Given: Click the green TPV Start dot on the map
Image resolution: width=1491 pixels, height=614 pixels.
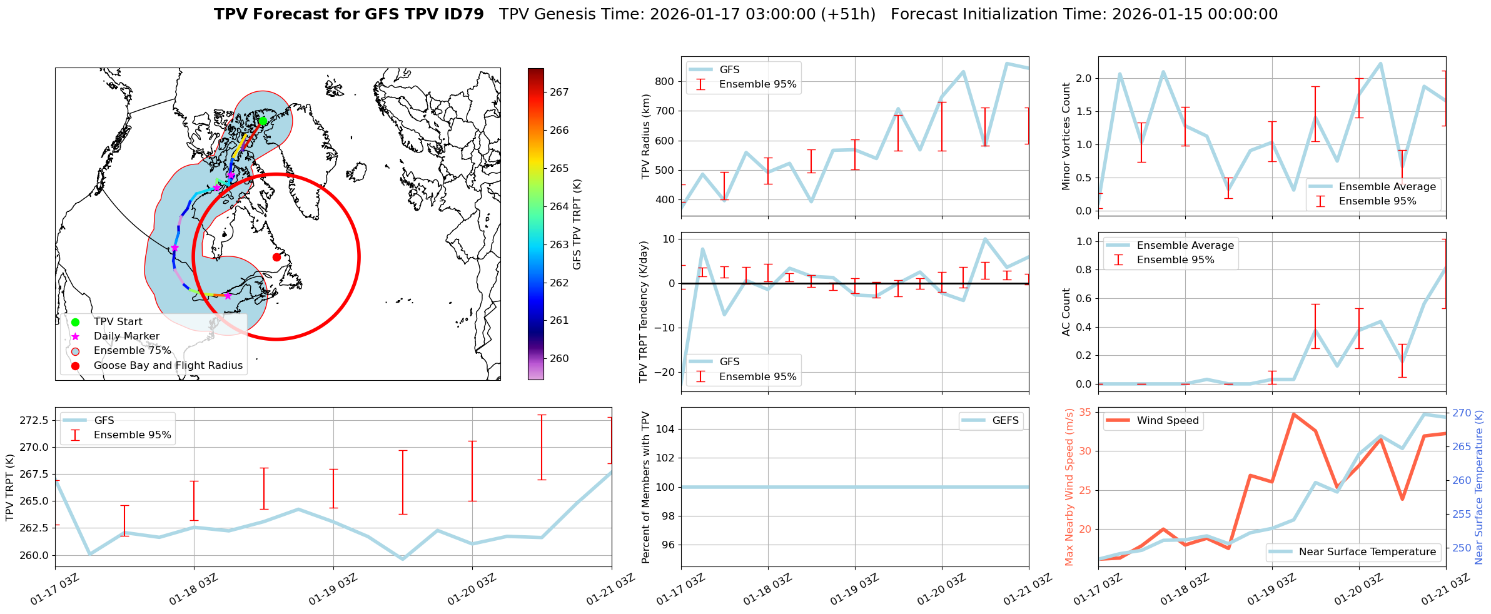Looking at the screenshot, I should tap(263, 121).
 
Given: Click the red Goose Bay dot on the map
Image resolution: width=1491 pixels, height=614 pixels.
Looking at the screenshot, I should tap(276, 257).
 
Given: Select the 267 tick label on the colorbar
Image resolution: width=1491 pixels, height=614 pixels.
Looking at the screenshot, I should tap(559, 92).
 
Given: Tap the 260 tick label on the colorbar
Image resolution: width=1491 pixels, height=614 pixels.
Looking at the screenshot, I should tap(559, 358).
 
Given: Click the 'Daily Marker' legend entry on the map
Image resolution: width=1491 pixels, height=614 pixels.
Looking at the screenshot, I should tap(126, 336).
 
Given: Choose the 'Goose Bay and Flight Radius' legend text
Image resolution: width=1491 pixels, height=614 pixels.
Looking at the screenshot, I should tap(168, 366).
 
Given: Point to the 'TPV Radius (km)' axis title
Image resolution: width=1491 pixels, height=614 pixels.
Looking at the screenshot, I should tap(646, 136).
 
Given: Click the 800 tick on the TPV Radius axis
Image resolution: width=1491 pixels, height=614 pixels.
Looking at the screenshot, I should tap(665, 81).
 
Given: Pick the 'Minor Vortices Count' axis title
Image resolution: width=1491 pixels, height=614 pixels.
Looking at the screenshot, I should tap(1066, 136).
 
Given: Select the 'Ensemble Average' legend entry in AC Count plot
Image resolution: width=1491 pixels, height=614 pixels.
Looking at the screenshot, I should tap(1185, 246).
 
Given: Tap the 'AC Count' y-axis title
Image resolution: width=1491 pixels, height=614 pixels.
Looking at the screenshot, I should tap(1066, 312).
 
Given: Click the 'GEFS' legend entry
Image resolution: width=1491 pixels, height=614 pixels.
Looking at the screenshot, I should tap(1005, 421).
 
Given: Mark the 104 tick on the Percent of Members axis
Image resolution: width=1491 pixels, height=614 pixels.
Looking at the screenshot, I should tap(665, 429).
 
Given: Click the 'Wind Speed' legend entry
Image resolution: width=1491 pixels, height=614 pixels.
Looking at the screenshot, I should tap(1167, 421).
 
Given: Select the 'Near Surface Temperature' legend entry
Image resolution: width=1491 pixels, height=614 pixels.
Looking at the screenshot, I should tap(1367, 552).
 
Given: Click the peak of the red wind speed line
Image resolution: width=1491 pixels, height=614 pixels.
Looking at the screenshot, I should tap(1293, 414).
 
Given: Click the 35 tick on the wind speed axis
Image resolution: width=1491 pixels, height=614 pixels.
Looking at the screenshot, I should tap(1084, 412).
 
